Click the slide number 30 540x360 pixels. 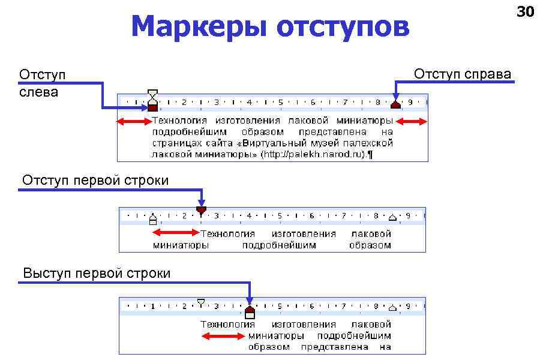click(526, 11)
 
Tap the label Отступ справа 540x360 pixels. click(463, 74)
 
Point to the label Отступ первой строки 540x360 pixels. click(95, 180)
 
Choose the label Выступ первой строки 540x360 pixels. click(97, 274)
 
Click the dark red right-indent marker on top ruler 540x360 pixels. click(395, 104)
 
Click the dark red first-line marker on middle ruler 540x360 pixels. click(201, 211)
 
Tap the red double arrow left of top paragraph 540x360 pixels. click(134, 122)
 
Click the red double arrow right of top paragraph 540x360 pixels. click(412, 122)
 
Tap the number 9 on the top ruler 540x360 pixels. click(410, 102)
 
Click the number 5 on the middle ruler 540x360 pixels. click(280, 215)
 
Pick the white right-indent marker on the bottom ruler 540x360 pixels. click(392, 307)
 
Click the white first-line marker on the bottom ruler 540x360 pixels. click(201, 302)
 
